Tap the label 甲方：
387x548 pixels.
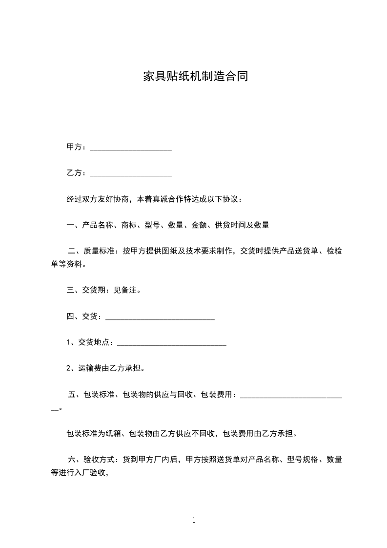77,147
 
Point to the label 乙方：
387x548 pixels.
77,173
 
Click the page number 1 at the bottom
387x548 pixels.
194,520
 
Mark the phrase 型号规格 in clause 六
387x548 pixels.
302,460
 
